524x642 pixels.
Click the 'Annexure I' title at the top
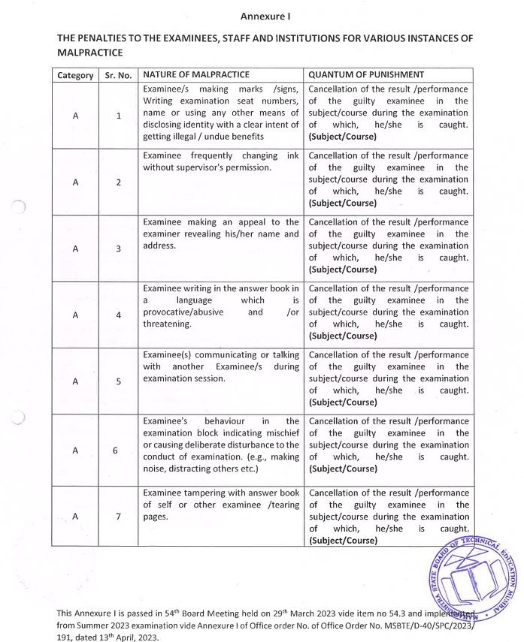tap(265, 16)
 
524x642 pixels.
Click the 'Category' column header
tap(75, 75)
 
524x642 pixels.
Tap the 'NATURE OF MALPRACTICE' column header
tap(192, 74)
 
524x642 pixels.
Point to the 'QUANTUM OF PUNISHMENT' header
tap(366, 74)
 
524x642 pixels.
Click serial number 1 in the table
tap(119, 116)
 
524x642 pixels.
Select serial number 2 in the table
tap(119, 182)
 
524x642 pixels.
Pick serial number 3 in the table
tap(119, 249)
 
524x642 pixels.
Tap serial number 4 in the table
tap(119, 315)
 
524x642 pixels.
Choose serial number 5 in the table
tap(119, 381)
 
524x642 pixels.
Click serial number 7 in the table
tap(119, 517)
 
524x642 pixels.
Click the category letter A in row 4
tap(75, 315)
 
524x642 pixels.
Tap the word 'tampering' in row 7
tap(213, 493)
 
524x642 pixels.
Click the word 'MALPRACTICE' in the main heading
tap(90, 53)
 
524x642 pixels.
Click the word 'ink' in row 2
tap(292, 155)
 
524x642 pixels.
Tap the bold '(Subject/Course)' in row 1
tap(342, 137)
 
